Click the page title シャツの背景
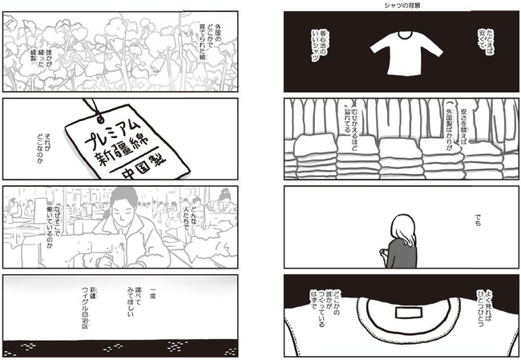[402, 6]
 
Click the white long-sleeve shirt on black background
[406, 53]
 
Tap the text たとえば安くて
[486, 42]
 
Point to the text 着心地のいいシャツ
[319, 46]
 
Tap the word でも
[478, 220]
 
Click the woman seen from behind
[400, 241]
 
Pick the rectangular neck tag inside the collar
[408, 313]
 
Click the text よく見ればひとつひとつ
[484, 308]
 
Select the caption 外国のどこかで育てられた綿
[210, 42]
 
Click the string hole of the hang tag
[99, 117]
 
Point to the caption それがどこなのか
[44, 148]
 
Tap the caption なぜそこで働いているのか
[53, 227]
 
